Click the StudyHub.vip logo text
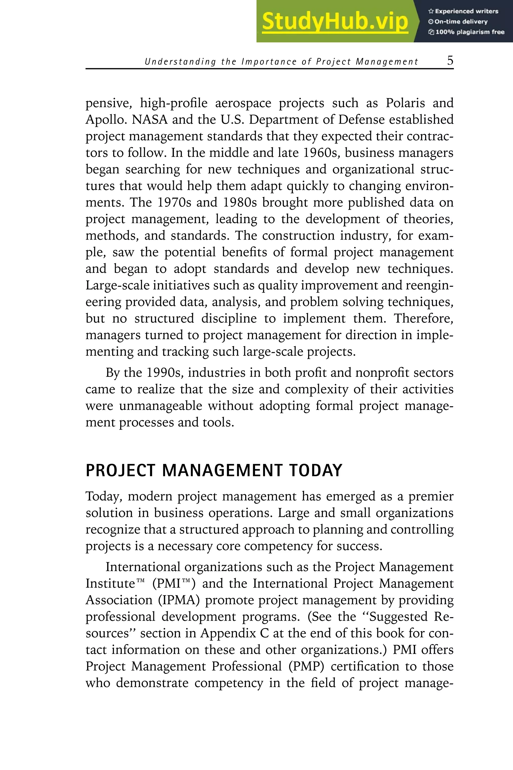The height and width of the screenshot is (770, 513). pyautogui.click(x=335, y=21)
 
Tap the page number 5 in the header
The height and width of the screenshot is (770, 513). pyautogui.click(x=450, y=61)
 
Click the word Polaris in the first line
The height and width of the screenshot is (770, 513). pyautogui.click(x=405, y=103)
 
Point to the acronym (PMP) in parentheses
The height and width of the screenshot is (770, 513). pyautogui.click(x=306, y=666)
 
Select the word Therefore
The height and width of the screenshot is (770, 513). pyautogui.click(x=423, y=318)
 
